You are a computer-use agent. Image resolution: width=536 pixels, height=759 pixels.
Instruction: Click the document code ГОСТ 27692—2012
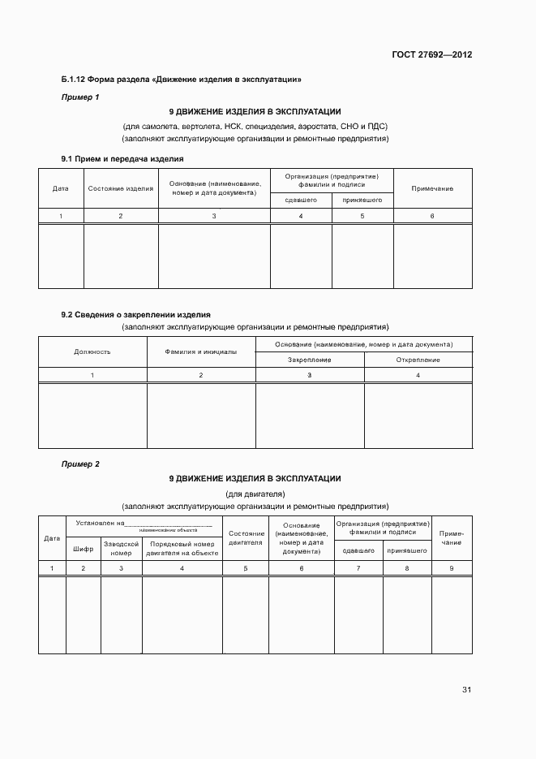[x=432, y=55]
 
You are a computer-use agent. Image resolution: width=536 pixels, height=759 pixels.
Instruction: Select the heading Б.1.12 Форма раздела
[x=182, y=80]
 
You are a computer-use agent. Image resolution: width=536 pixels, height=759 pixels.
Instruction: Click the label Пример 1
[x=80, y=97]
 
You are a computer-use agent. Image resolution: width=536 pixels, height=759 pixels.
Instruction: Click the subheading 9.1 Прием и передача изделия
[x=122, y=158]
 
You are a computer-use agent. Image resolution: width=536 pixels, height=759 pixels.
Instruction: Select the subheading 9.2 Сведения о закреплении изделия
[x=136, y=314]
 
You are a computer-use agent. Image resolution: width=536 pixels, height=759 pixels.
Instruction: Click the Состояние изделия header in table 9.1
[x=121, y=188]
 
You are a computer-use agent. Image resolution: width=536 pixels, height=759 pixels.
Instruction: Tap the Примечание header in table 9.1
[x=432, y=188]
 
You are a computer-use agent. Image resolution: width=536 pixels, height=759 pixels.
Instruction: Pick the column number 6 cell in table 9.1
[x=432, y=216]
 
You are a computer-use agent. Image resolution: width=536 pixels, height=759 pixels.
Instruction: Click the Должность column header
[x=92, y=352]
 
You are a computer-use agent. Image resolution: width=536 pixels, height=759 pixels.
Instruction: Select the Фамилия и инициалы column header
[x=201, y=352]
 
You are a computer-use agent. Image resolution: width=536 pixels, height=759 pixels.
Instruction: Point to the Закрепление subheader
[x=310, y=360]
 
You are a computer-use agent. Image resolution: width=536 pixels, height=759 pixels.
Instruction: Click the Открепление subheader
[x=418, y=360]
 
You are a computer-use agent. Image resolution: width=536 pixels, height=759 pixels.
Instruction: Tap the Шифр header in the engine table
[x=83, y=549]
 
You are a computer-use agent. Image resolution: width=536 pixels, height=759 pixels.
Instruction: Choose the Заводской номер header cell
[x=121, y=548]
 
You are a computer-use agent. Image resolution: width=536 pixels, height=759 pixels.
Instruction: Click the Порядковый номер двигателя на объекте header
[x=182, y=548]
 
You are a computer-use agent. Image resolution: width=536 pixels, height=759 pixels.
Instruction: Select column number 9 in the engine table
[x=452, y=568]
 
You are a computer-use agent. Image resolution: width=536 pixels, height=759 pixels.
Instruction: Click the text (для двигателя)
[x=255, y=494]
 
